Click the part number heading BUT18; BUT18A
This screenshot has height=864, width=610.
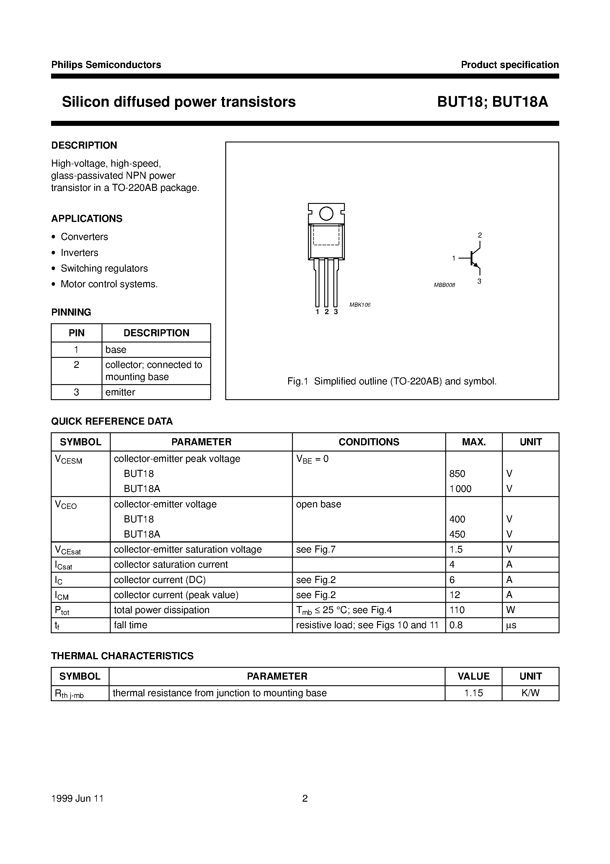(492, 102)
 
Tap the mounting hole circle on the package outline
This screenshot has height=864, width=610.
(326, 214)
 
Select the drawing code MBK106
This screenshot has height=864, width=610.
(360, 305)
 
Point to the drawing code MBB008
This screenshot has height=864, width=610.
(444, 285)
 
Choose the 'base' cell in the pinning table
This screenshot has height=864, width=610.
(116, 350)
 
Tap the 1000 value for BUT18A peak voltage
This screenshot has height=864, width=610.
(460, 489)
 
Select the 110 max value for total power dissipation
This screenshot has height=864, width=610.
(457, 610)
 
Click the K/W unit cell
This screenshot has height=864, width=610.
(530, 693)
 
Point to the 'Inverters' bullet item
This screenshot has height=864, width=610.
(79, 253)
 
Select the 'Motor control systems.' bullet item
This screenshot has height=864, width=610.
(109, 284)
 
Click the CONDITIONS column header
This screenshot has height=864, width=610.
(368, 442)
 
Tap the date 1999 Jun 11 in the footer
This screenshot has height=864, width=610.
(77, 798)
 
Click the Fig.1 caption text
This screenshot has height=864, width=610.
(392, 381)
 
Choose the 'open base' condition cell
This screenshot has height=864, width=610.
(319, 504)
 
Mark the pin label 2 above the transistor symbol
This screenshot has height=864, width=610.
(479, 235)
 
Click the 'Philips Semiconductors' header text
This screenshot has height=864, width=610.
(106, 65)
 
